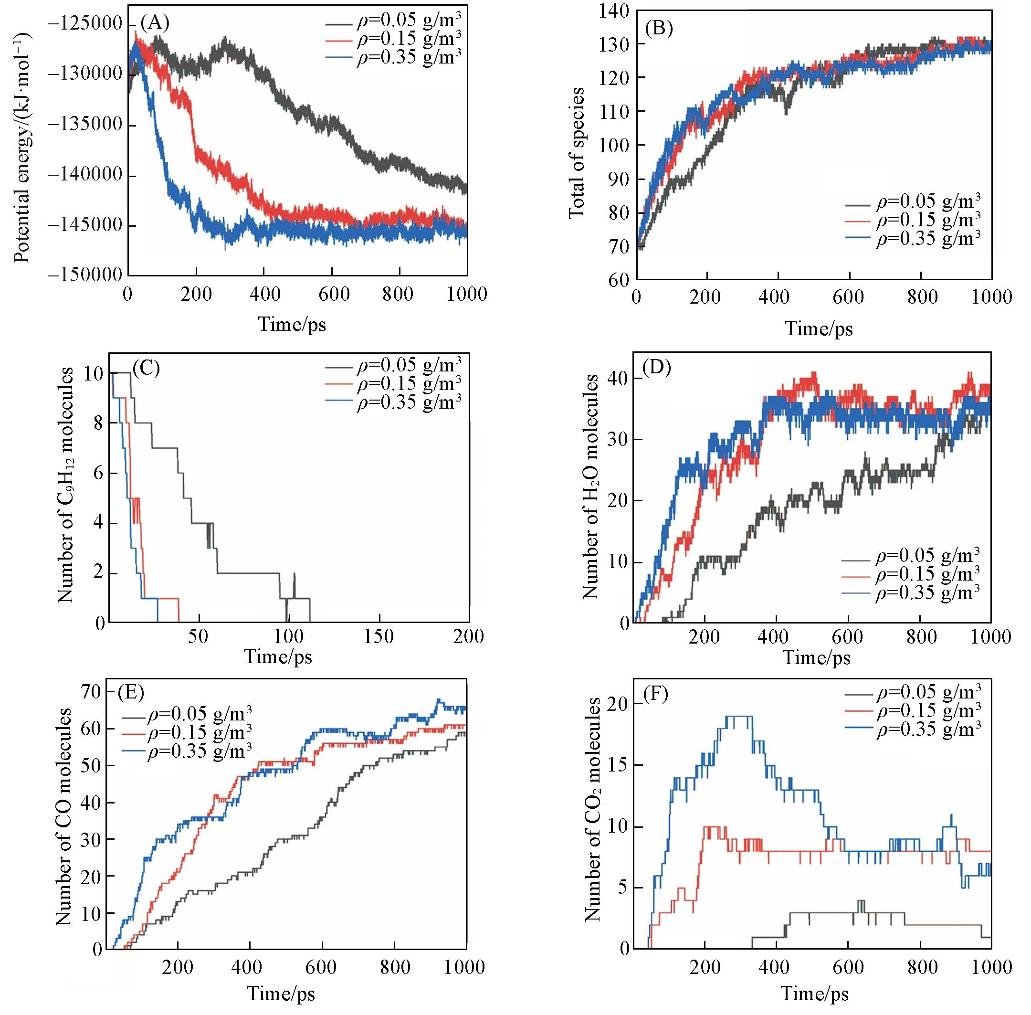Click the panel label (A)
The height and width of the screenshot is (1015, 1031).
tap(155, 23)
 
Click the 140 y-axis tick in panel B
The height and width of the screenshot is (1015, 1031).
tap(612, 10)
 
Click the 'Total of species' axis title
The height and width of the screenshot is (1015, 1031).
tap(577, 153)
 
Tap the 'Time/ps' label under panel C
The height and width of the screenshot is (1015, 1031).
tap(278, 656)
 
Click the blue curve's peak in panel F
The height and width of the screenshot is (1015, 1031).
tap(738, 717)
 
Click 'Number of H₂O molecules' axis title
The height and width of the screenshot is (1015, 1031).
tap(590, 486)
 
